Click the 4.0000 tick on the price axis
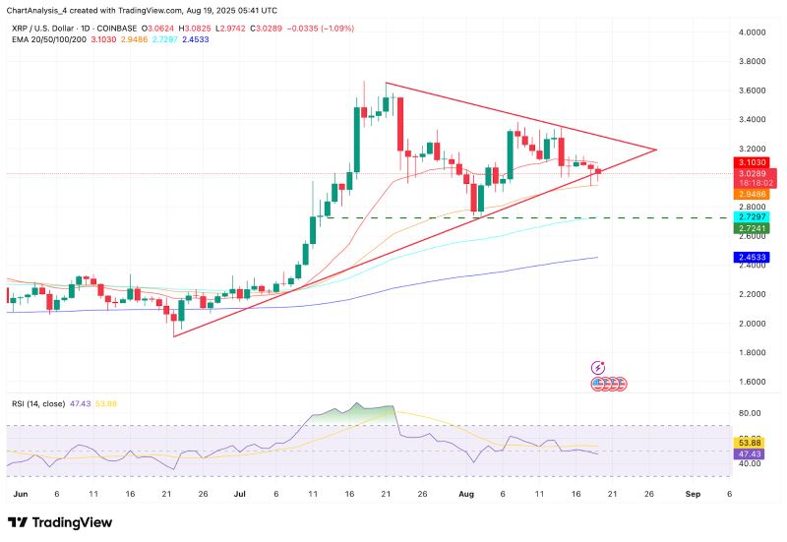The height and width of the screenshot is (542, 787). click(x=752, y=32)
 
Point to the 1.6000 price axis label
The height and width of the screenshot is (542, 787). click(x=752, y=382)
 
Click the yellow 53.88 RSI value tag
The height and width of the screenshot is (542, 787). click(x=752, y=444)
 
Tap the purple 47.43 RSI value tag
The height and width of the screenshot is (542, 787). click(x=752, y=455)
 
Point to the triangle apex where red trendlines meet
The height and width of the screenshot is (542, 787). click(x=656, y=150)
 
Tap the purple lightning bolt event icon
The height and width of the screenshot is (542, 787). click(x=598, y=368)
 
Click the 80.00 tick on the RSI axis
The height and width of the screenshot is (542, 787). click(x=752, y=413)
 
